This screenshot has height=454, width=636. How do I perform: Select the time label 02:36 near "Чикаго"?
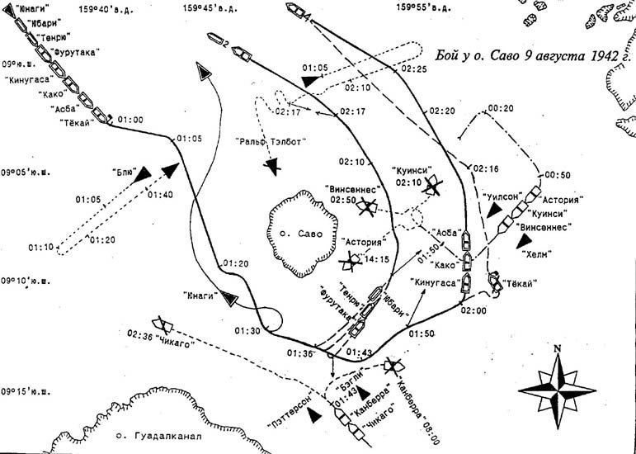[140, 334]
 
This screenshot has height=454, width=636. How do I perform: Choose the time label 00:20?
[502, 107]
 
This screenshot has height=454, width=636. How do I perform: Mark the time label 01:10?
[40, 246]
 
